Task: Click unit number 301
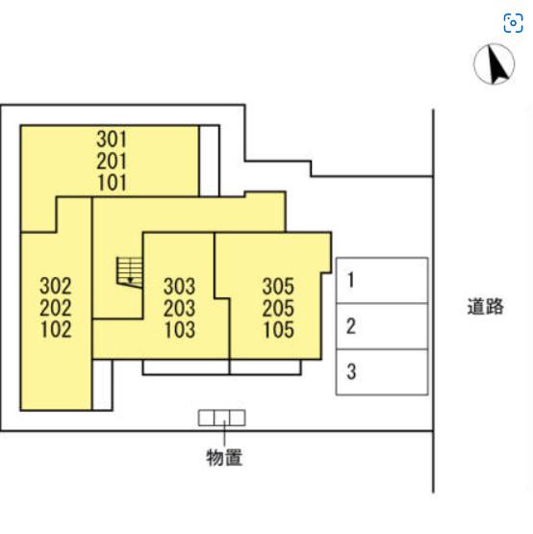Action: (x=112, y=139)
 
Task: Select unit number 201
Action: (x=112, y=161)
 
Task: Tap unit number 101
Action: (x=112, y=183)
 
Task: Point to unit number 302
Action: (x=56, y=286)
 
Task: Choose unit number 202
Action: (x=56, y=308)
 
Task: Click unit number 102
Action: (x=56, y=329)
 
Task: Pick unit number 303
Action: (x=180, y=286)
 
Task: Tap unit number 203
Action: (x=180, y=308)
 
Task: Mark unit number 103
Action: (x=180, y=330)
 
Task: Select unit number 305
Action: (x=278, y=286)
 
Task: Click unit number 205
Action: (x=278, y=308)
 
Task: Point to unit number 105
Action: (x=279, y=330)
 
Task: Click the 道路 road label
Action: (x=485, y=306)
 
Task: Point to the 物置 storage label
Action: (x=224, y=457)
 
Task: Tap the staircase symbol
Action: (x=130, y=272)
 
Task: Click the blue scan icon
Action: (x=513, y=23)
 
